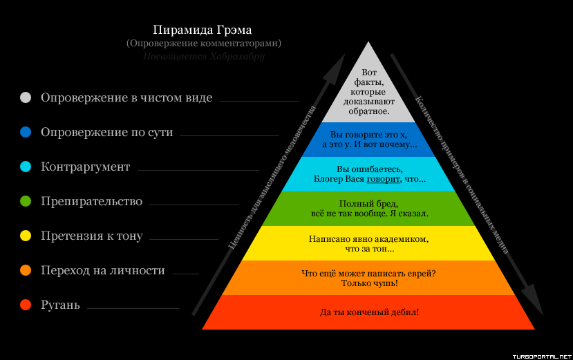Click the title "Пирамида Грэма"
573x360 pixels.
[203, 30]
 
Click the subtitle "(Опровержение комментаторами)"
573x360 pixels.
[203, 44]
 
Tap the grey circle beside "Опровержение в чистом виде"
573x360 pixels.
[26, 97]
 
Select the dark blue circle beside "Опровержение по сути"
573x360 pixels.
[26, 132]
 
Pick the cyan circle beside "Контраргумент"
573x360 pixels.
[26, 167]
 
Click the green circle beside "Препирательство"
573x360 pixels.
[26, 201]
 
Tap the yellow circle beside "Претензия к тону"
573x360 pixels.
[26, 236]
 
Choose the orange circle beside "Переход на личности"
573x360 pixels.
[26, 270]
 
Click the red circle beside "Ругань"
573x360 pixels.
[26, 305]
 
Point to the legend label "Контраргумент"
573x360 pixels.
[85, 167]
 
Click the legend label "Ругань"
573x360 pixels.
[60, 305]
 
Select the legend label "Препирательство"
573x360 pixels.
[91, 201]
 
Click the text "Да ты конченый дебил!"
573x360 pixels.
[369, 312]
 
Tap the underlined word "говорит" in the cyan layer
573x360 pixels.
[383, 179]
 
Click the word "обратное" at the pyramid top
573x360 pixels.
[369, 111]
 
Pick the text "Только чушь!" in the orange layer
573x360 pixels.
[369, 283]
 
